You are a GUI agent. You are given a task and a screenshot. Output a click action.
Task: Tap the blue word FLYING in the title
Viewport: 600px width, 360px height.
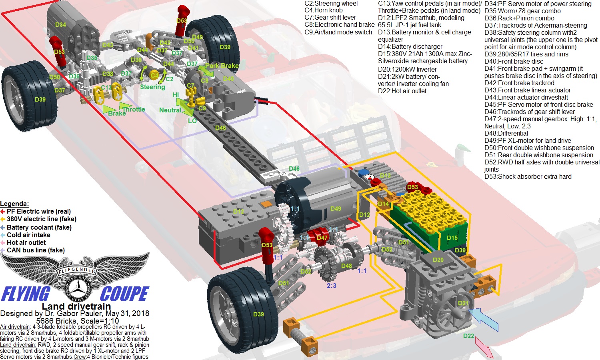coord(26,294)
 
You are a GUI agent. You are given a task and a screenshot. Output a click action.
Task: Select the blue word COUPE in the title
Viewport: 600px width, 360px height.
coord(124,294)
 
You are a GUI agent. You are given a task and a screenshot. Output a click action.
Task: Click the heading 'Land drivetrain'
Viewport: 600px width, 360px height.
coord(76,306)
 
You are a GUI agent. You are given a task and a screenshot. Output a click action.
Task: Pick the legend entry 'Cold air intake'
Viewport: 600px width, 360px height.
coord(28,235)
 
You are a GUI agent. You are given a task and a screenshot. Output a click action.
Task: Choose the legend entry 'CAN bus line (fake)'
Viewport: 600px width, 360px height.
coord(36,250)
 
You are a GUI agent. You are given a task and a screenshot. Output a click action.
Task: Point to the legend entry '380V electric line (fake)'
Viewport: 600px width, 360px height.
coord(42,219)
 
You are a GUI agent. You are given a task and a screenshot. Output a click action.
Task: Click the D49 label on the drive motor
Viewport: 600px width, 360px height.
coord(336,208)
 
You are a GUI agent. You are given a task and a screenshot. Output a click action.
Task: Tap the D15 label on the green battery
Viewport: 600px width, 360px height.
coord(452,238)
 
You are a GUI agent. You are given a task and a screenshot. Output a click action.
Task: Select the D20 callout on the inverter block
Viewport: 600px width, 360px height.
coord(438,260)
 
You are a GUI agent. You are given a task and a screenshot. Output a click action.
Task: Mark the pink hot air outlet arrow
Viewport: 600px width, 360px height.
coord(484,348)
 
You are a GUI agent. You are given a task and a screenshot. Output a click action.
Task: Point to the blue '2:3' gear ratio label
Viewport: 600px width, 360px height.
coord(331,286)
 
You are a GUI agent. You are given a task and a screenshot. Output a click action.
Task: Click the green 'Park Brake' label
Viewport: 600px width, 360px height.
coord(222,66)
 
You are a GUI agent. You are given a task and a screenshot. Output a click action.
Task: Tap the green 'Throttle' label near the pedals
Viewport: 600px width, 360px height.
coord(134,109)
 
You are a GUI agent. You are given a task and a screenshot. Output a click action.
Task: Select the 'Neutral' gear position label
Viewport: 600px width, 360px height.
coord(170,110)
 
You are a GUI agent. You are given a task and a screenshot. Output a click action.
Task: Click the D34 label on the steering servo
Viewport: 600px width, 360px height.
coord(60,25)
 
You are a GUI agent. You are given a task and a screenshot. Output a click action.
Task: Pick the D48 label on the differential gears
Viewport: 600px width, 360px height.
coord(346,266)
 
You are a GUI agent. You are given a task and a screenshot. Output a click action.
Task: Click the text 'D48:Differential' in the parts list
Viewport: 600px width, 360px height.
coord(506,133)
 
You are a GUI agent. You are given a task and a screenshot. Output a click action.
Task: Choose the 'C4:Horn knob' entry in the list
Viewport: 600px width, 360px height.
coord(323,10)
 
